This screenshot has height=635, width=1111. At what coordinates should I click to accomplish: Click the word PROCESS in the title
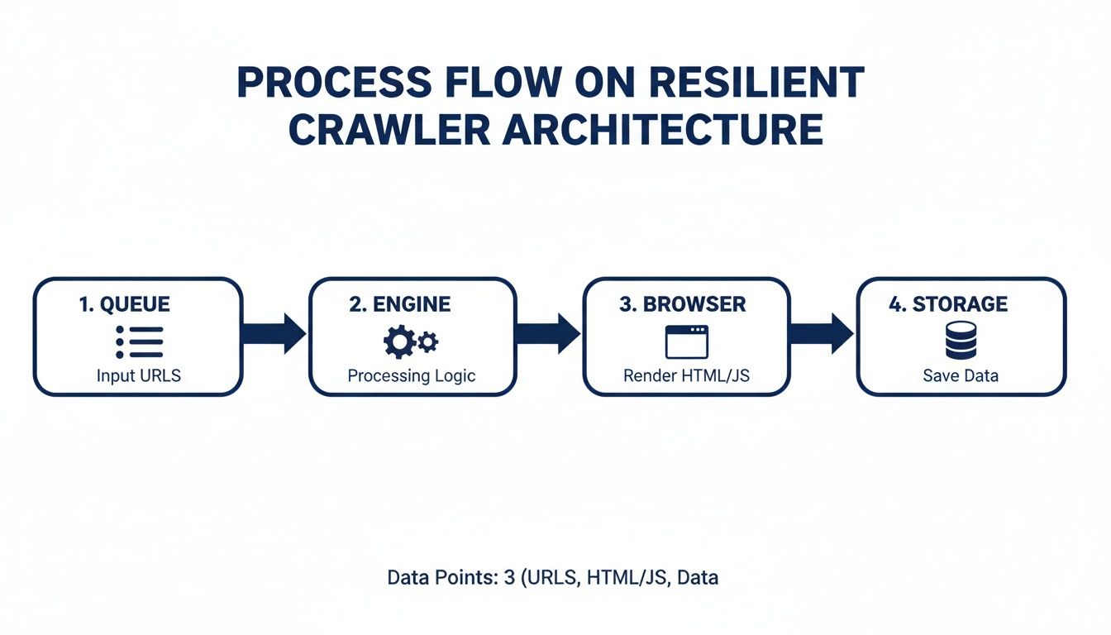[335, 84]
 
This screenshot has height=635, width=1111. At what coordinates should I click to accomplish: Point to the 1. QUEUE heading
[125, 304]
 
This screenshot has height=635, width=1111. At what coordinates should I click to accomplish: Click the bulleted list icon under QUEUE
[139, 341]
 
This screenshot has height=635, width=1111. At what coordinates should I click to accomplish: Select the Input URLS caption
[139, 376]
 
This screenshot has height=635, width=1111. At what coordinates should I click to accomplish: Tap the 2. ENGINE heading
[400, 304]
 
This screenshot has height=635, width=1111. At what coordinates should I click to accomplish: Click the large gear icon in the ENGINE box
[400, 341]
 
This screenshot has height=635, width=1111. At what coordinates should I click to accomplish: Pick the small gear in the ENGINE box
[428, 341]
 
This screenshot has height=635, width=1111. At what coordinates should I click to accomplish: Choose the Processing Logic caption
[412, 376]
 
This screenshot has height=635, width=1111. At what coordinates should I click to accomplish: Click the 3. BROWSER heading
[682, 304]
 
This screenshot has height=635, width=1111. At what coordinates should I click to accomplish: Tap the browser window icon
[687, 341]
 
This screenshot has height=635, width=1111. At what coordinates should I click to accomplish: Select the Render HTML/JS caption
[686, 376]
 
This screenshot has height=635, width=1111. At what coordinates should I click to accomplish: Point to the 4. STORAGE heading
[948, 304]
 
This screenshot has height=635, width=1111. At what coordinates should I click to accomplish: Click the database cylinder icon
[961, 341]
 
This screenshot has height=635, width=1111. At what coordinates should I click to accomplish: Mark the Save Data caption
[961, 376]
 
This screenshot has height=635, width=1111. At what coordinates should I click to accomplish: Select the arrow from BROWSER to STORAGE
[822, 334]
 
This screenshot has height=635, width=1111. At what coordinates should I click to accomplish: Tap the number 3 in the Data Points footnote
[508, 578]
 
